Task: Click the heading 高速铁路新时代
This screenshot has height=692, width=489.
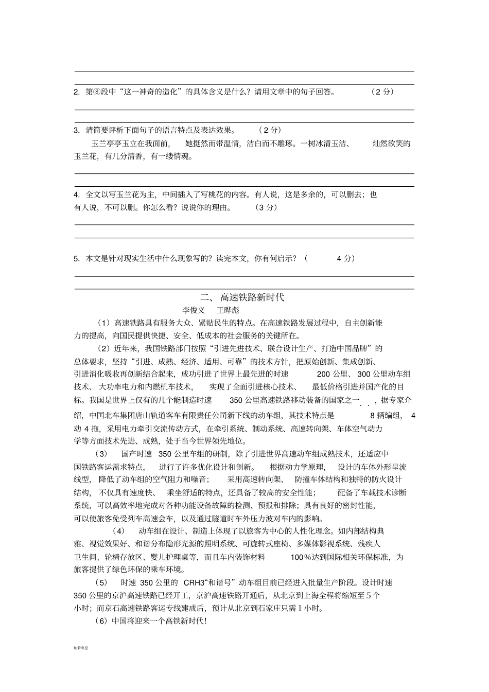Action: tap(252, 297)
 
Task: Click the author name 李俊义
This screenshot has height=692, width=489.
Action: tap(194, 310)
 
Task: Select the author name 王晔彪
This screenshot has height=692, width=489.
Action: tap(228, 310)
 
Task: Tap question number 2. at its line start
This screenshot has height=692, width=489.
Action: tap(77, 92)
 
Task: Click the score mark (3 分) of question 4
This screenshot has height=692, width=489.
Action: tap(266, 207)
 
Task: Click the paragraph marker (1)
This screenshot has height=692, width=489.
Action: tap(104, 323)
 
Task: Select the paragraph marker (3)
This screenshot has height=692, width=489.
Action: tap(101, 454)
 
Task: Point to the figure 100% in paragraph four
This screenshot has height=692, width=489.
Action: tap(302, 557)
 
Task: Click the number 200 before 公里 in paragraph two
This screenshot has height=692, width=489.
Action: tap(324, 374)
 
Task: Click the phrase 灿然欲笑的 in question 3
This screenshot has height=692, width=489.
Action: tap(391, 144)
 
